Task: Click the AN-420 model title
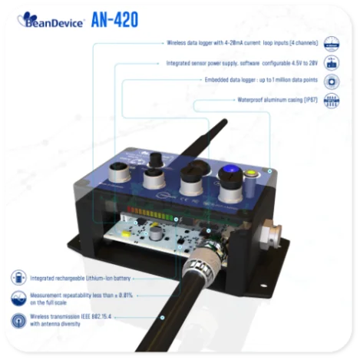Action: [x=114, y=21]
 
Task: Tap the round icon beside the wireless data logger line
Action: [x=332, y=44]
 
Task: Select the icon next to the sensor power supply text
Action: [x=332, y=62]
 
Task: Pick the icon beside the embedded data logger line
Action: [x=332, y=81]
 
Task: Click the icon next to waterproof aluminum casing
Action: [x=332, y=101]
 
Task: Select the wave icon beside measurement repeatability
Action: [x=18, y=299]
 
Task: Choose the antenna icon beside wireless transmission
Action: [x=18, y=320]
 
